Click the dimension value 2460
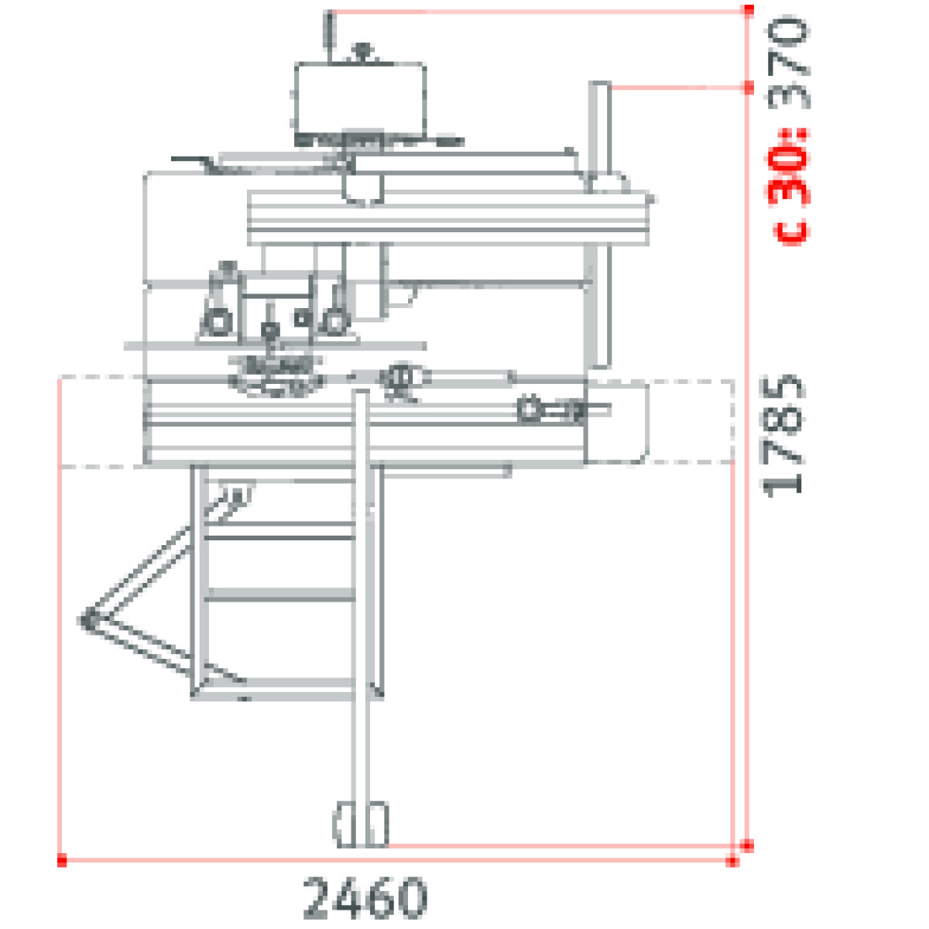pyautogui.click(x=365, y=898)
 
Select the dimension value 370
pyautogui.click(x=788, y=63)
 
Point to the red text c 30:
pyautogui.click(x=787, y=187)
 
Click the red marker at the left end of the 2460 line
pyautogui.click(x=62, y=859)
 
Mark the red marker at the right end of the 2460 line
pyautogui.click(x=732, y=861)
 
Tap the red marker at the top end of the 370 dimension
pyautogui.click(x=749, y=10)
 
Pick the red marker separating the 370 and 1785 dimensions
pyautogui.click(x=749, y=87)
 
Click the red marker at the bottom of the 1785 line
pyautogui.click(x=747, y=845)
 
